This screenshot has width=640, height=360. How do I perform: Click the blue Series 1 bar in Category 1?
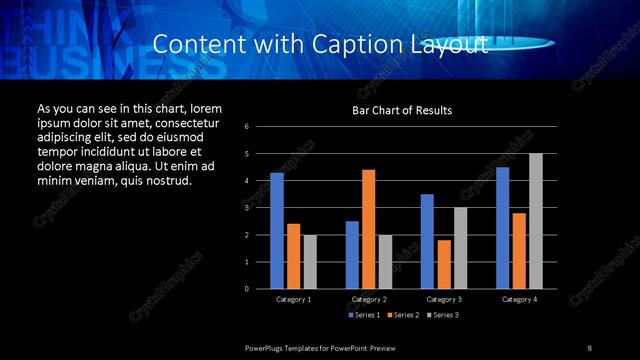[x=277, y=231]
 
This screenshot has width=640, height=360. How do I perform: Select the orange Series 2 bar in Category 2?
[x=369, y=229]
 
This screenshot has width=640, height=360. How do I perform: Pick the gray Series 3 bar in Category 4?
[x=536, y=221]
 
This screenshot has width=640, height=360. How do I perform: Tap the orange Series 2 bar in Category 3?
[x=444, y=264]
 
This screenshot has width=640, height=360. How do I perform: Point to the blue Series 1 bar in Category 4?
[x=502, y=228]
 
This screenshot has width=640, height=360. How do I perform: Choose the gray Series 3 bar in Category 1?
[x=310, y=262]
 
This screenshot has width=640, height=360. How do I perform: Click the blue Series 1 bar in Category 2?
[x=352, y=255]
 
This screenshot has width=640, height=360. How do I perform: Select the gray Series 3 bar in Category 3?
[x=461, y=248]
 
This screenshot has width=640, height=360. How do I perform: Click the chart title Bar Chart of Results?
[x=402, y=109]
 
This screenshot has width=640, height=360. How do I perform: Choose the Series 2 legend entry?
[x=404, y=315]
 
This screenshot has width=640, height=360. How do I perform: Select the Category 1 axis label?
[x=293, y=299]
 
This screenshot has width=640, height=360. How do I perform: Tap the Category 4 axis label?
[x=519, y=299]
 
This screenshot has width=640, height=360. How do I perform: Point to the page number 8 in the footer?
[x=590, y=347]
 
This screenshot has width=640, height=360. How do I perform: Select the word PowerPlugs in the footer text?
[x=266, y=347]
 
